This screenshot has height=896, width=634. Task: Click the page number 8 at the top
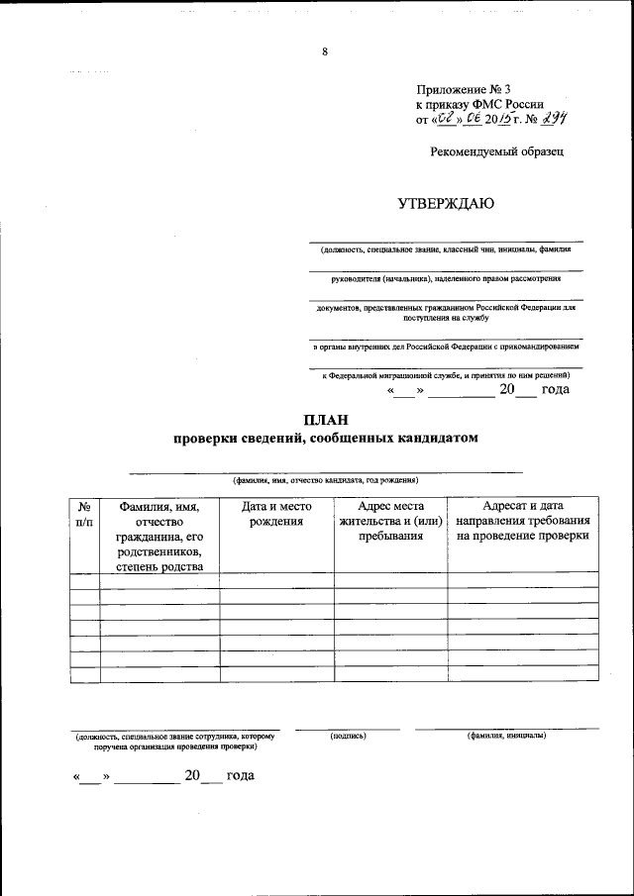pos(324,52)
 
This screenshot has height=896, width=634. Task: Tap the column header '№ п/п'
pos(85,513)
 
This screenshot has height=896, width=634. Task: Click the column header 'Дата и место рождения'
pos(276,513)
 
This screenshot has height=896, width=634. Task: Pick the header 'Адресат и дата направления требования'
pos(523,521)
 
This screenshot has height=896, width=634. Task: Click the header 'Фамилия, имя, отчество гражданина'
pos(159,536)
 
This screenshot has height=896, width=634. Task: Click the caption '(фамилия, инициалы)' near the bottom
pos(506,736)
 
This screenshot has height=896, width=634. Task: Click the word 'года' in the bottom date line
pos(241,774)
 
